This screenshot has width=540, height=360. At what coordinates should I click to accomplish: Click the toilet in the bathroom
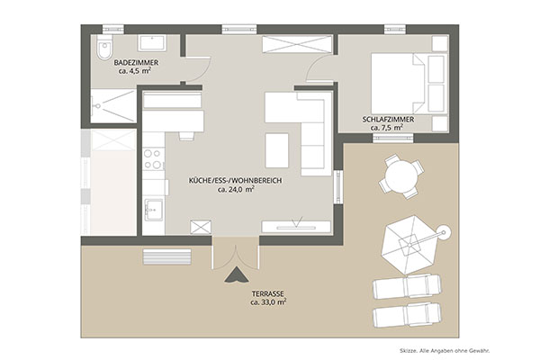[104, 47]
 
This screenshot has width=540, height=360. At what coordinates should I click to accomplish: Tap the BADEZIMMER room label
[137, 63]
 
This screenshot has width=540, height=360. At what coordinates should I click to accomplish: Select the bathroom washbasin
[152, 43]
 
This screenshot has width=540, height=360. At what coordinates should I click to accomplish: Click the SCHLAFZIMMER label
[388, 120]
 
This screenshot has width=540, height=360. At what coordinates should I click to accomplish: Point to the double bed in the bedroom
[409, 84]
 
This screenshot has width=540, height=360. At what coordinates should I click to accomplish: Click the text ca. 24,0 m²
[236, 189]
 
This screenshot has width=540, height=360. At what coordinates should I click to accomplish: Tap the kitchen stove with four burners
[154, 158]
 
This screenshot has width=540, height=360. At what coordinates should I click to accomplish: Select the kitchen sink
[154, 210]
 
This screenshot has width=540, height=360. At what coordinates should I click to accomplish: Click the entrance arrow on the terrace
[236, 274]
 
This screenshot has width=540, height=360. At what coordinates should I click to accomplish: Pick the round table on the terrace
[399, 177]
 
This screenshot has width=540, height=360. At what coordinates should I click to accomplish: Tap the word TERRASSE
[268, 294]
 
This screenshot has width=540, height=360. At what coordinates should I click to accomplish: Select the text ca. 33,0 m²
[268, 302]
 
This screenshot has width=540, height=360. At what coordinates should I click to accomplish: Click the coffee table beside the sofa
[277, 150]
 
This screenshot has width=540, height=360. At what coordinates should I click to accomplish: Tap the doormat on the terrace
[167, 257]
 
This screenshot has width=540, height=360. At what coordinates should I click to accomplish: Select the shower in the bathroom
[113, 105]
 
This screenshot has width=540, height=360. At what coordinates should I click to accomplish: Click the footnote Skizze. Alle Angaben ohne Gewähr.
[445, 351]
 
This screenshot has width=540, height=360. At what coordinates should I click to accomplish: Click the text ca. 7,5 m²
[387, 128]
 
